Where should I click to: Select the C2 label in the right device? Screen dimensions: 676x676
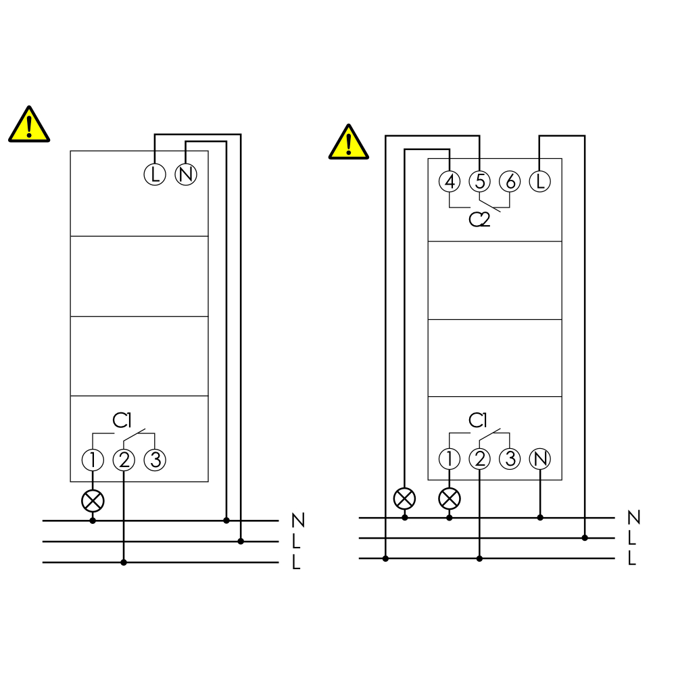[479, 220]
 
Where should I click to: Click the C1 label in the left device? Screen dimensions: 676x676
[122, 420]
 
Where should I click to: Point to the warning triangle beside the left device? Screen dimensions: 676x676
[29, 124]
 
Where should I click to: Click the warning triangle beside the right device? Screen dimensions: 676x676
[349, 142]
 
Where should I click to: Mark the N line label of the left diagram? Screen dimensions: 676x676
[298, 521]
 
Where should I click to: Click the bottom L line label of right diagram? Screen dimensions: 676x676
[632, 558]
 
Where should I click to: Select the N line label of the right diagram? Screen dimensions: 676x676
[634, 517]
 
